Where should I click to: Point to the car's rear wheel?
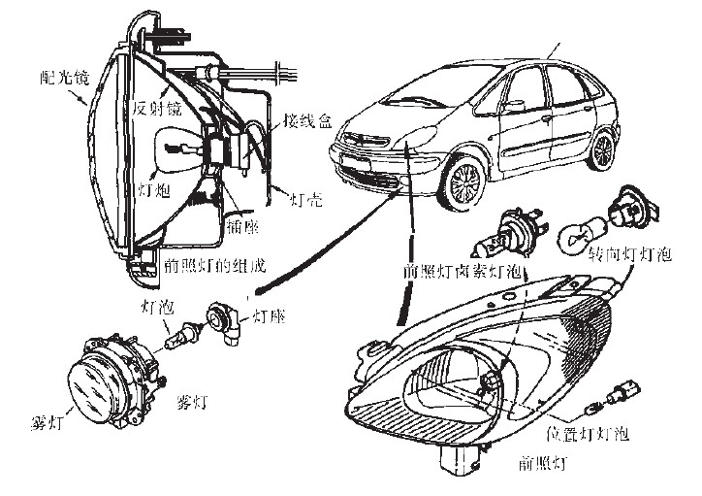[x=604, y=150]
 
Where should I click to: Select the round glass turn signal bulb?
[x=580, y=234]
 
